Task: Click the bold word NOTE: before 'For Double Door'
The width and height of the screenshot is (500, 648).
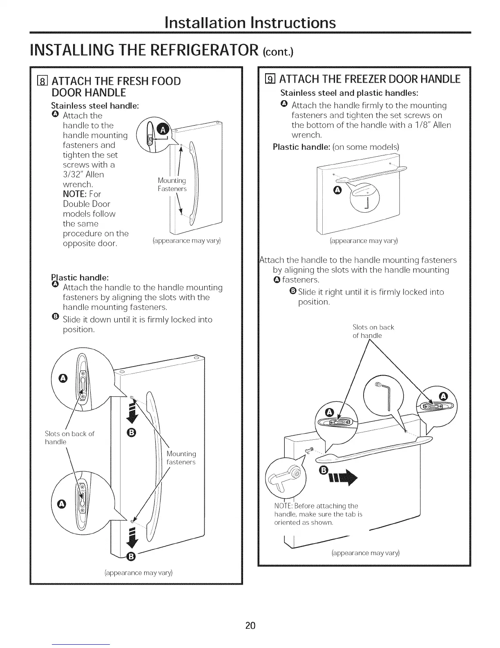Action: [74, 194]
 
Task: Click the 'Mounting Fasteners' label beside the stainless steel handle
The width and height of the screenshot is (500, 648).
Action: [172, 184]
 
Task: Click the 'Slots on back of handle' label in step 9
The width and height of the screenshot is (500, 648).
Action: [373, 331]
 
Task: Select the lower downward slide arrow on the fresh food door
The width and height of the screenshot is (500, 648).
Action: [131, 539]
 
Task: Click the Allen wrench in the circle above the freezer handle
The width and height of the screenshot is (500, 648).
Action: [386, 395]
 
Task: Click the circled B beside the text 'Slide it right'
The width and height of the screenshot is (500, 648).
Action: [292, 292]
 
